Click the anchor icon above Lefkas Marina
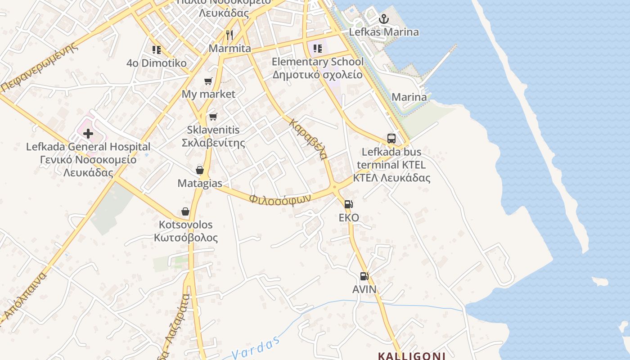(383, 19)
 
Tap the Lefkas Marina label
(384, 32)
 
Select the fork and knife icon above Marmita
(229, 35)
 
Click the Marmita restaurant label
(229, 48)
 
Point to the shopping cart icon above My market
(208, 81)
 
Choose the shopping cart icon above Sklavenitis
(213, 117)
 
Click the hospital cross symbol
(88, 133)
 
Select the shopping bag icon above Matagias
(200, 170)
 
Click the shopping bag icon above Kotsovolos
(185, 211)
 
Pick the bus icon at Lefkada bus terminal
(391, 138)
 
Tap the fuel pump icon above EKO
(349, 204)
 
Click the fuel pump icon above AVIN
(364, 276)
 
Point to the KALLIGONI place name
(411, 356)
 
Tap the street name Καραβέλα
(308, 139)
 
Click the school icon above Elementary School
(318, 49)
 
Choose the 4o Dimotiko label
(157, 63)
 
